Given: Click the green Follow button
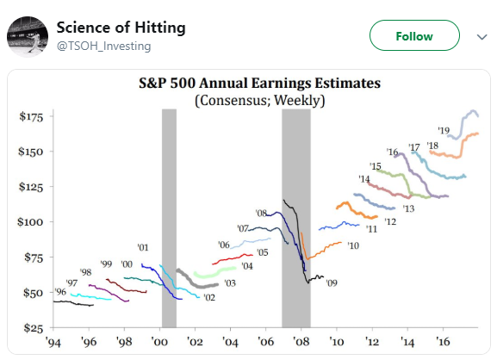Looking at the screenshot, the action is pyautogui.click(x=414, y=35).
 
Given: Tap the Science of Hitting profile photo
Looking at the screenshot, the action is pyautogui.click(x=28, y=36).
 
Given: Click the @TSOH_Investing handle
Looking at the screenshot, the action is pyautogui.click(x=103, y=47).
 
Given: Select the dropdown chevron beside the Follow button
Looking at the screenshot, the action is pyautogui.click(x=481, y=37).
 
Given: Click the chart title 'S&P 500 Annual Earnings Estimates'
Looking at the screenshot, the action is pyautogui.click(x=259, y=83).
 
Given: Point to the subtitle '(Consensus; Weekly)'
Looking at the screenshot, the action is pyautogui.click(x=260, y=101).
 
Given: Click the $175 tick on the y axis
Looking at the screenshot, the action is pyautogui.click(x=31, y=117).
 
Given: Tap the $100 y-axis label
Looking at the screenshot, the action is pyautogui.click(x=30, y=222).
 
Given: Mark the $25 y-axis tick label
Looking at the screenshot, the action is pyautogui.click(x=34, y=327).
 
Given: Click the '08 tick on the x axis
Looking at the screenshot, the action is pyautogui.click(x=301, y=342).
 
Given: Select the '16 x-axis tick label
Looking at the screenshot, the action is pyautogui.click(x=443, y=342).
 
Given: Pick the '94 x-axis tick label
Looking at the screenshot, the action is pyautogui.click(x=53, y=342).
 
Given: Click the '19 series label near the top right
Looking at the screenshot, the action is pyautogui.click(x=444, y=130).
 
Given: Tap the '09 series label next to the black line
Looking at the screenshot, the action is pyautogui.click(x=332, y=282).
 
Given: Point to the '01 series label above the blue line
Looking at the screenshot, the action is pyautogui.click(x=143, y=247).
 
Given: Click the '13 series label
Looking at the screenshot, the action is pyautogui.click(x=408, y=208).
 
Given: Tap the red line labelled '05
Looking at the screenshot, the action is pyautogui.click(x=233, y=259).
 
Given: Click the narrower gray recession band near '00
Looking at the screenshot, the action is pyautogui.click(x=170, y=218).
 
